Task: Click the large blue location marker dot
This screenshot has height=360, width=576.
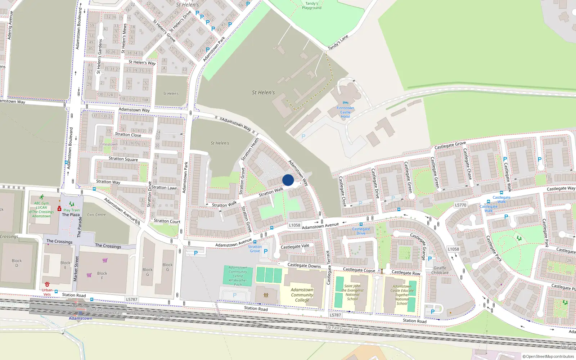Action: [x=288, y=180]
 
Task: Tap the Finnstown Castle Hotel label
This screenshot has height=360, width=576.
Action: [x=345, y=112]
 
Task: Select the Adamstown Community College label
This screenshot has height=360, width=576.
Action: [x=302, y=295]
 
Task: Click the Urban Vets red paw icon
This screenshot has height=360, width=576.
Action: [x=47, y=284]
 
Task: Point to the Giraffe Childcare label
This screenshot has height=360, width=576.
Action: [x=440, y=270]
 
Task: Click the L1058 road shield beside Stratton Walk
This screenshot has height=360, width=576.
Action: [x=294, y=225]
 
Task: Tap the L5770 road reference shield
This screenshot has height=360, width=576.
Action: [x=460, y=205]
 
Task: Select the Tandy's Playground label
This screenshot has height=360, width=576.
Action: [x=312, y=6]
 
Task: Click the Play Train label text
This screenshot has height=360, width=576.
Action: [x=72, y=210]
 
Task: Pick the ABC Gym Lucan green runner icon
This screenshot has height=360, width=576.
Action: [x=42, y=197]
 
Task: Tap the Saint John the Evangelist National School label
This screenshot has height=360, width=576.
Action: [x=352, y=292]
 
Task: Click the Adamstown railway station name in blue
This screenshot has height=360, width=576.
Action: [x=81, y=318]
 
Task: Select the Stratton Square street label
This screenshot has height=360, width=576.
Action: [x=123, y=159]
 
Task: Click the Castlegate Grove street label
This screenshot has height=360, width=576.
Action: [x=450, y=145]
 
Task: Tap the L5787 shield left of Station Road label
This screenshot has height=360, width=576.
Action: [x=132, y=300]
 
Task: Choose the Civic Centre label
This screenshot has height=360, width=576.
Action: [x=96, y=215]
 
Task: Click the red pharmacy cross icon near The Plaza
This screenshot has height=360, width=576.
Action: [x=59, y=209]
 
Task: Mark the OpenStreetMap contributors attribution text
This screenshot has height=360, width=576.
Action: [x=548, y=356]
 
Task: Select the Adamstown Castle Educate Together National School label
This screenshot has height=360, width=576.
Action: [x=402, y=295]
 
